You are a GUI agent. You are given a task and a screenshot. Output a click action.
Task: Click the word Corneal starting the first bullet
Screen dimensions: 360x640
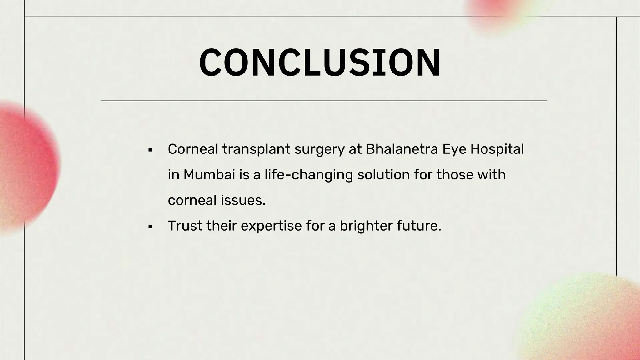[193, 149]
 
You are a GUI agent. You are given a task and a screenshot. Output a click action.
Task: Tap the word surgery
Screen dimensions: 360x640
[319, 150]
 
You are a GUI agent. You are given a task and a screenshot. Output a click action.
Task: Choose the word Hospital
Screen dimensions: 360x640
[497, 150]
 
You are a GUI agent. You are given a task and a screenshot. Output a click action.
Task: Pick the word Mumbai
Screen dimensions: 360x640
[209, 175]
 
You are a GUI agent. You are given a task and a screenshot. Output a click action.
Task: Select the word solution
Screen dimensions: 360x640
[383, 175]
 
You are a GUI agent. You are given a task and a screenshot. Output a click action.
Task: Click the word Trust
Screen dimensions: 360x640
[185, 226]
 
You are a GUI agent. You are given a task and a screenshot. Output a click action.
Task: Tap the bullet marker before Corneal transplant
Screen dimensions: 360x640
[150, 150]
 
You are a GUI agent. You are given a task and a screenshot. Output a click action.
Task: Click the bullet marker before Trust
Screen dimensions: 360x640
[150, 227]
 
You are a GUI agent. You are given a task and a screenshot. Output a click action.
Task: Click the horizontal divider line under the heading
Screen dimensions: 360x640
[323, 101]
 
